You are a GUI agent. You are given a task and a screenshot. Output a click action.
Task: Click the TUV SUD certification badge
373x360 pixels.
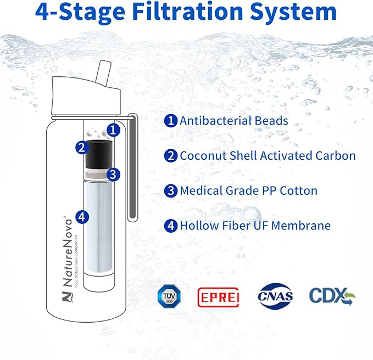tap(169, 296)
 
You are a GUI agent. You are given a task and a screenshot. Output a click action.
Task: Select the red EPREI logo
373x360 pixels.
tap(219, 297)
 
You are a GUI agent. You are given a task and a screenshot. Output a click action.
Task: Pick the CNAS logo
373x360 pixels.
tap(275, 296)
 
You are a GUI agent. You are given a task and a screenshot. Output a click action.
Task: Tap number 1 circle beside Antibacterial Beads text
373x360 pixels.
tap(170, 121)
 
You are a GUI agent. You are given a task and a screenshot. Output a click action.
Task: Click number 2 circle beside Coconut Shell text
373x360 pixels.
tap(170, 156)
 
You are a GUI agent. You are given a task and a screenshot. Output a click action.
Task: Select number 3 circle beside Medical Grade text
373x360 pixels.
tap(170, 191)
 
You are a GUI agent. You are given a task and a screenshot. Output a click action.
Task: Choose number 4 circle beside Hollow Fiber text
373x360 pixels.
tap(170, 226)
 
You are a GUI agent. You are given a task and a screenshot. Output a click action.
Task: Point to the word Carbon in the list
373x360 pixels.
tap(336, 156)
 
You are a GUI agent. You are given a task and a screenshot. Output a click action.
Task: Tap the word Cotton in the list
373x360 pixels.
tap(298, 190)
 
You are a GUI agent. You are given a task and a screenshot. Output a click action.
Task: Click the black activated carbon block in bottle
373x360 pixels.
tap(98, 154)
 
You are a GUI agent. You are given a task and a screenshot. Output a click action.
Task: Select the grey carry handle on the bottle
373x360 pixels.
tap(132, 167)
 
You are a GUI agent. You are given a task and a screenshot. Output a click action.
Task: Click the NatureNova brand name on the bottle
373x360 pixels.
tap(67, 252)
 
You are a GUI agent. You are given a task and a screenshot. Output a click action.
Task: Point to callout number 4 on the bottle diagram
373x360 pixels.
tap(82, 217)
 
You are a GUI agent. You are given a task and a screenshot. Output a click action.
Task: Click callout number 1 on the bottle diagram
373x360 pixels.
tap(113, 130)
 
